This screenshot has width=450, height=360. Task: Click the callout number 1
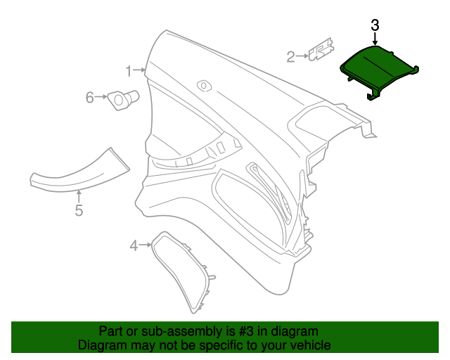coord(129,70)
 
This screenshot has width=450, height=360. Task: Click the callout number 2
coord(291,56)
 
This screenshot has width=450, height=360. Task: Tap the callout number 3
coord(375,25)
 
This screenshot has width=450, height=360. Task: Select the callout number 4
coord(134,245)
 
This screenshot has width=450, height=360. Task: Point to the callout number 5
coord(79,210)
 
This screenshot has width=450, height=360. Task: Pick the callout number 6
coord(89,98)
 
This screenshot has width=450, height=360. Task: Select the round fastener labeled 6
coord(122,100)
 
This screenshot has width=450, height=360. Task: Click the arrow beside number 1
coord(141,70)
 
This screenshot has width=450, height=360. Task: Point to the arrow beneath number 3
coord(375,41)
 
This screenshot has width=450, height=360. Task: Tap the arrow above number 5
coord(79,195)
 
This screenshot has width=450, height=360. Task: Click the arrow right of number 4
coord(146,245)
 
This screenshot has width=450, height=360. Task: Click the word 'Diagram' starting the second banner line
coord(102,345)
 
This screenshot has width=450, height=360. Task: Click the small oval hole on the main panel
coord(205,84)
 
